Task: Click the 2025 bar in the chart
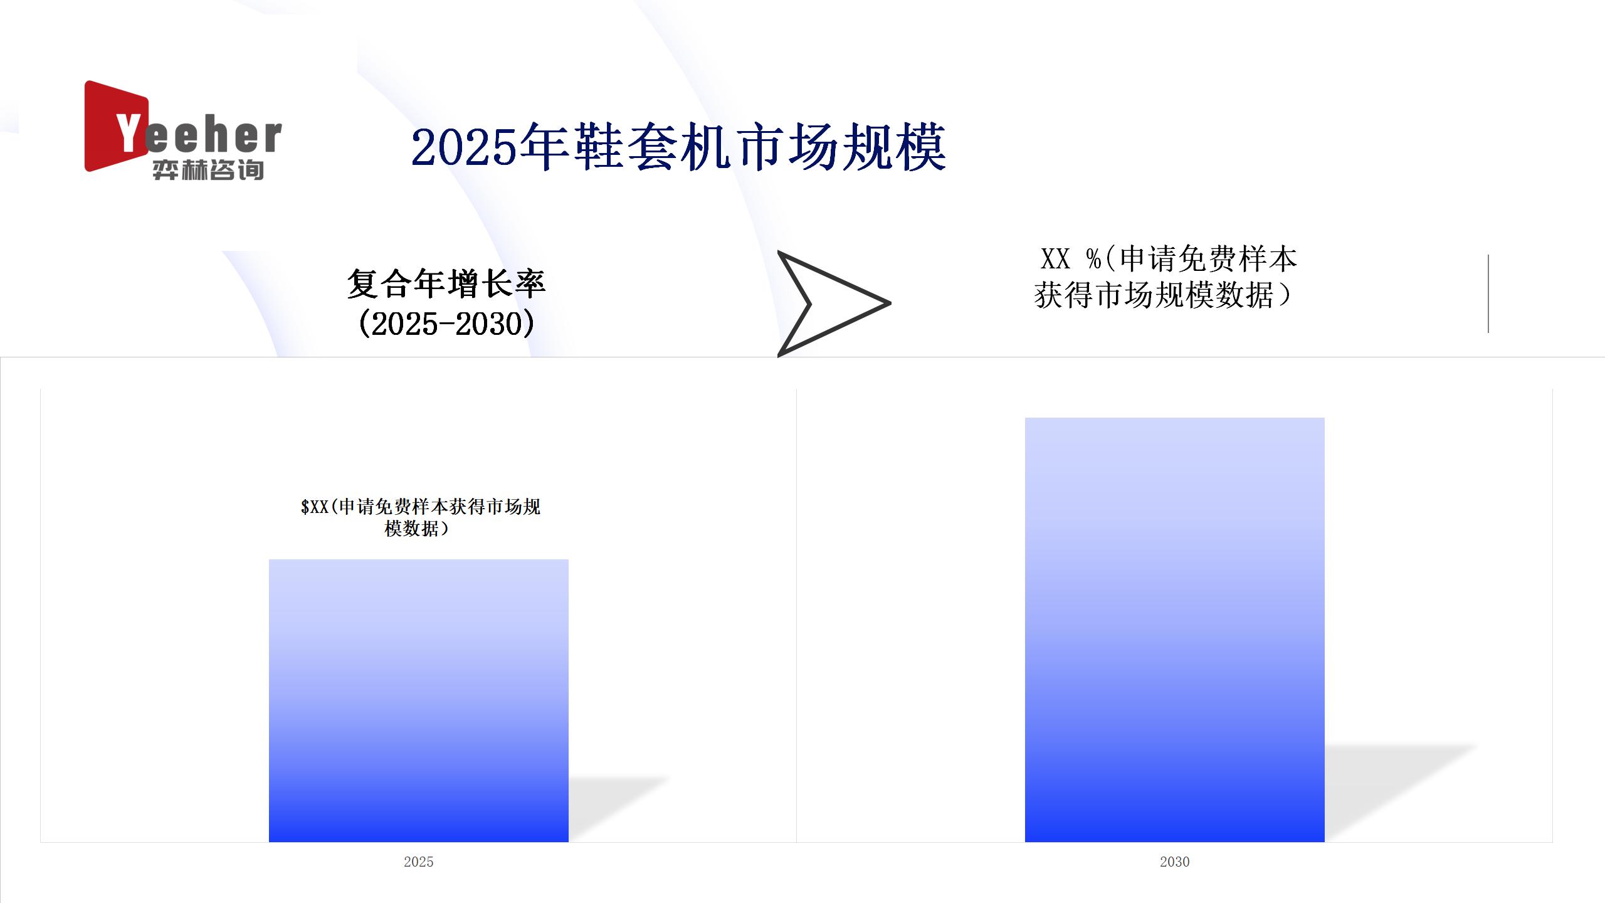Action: pyautogui.click(x=419, y=700)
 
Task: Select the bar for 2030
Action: pyautogui.click(x=1174, y=630)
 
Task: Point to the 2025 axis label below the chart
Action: pyautogui.click(x=419, y=862)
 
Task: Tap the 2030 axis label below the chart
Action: pyautogui.click(x=1174, y=862)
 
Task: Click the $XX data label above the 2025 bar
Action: pyautogui.click(x=420, y=517)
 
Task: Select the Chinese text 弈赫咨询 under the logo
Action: pyautogui.click(x=208, y=170)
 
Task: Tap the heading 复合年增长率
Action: pyautogui.click(x=446, y=283)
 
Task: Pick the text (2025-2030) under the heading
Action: pyautogui.click(x=446, y=324)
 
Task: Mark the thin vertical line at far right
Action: pyautogui.click(x=1488, y=293)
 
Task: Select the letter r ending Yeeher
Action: pyautogui.click(x=272, y=137)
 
